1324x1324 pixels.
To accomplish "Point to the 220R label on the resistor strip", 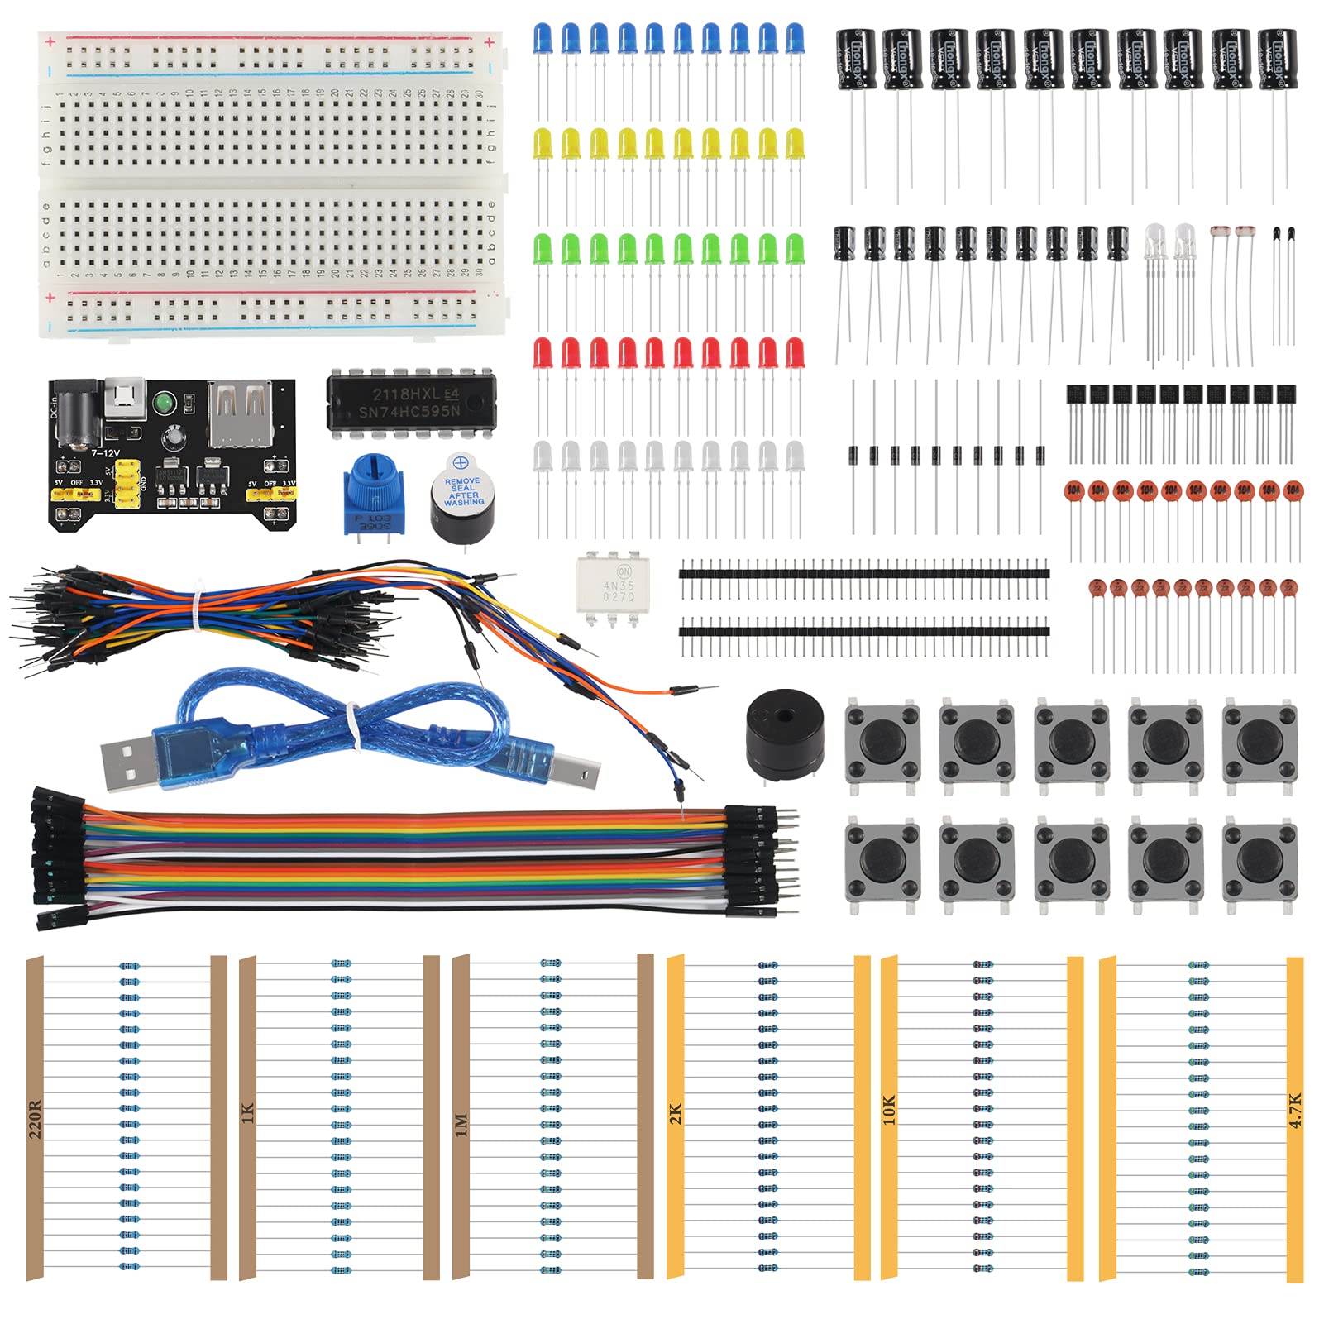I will pyautogui.click(x=35, y=1119).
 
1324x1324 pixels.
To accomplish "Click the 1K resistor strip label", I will pyautogui.click(x=247, y=1113).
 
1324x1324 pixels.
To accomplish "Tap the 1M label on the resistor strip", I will pyautogui.click(x=461, y=1124).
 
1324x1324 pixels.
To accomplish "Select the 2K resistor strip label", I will pyautogui.click(x=676, y=1113).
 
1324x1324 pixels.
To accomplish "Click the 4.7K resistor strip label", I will pyautogui.click(x=1295, y=1110).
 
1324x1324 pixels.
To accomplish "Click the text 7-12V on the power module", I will pyautogui.click(x=106, y=453).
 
